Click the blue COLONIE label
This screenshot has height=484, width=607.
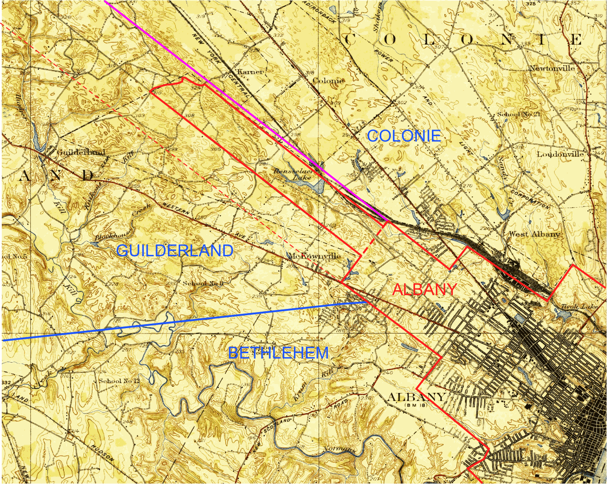404,136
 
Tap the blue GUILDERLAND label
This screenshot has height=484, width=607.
175,250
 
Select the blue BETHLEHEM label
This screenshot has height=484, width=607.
278,353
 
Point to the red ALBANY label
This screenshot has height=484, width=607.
424,289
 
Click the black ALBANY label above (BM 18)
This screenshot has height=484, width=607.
416,397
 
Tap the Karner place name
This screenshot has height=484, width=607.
250,71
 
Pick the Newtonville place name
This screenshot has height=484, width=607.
552,68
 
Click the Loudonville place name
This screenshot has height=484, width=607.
560,154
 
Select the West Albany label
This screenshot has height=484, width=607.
534,234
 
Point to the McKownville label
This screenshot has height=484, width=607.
314,256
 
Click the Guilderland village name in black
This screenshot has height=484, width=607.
81,152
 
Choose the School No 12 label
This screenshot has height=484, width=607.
119,381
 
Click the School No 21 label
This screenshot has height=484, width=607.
518,114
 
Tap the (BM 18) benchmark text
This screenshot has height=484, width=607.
416,405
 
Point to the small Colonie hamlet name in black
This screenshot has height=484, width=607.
328,81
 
